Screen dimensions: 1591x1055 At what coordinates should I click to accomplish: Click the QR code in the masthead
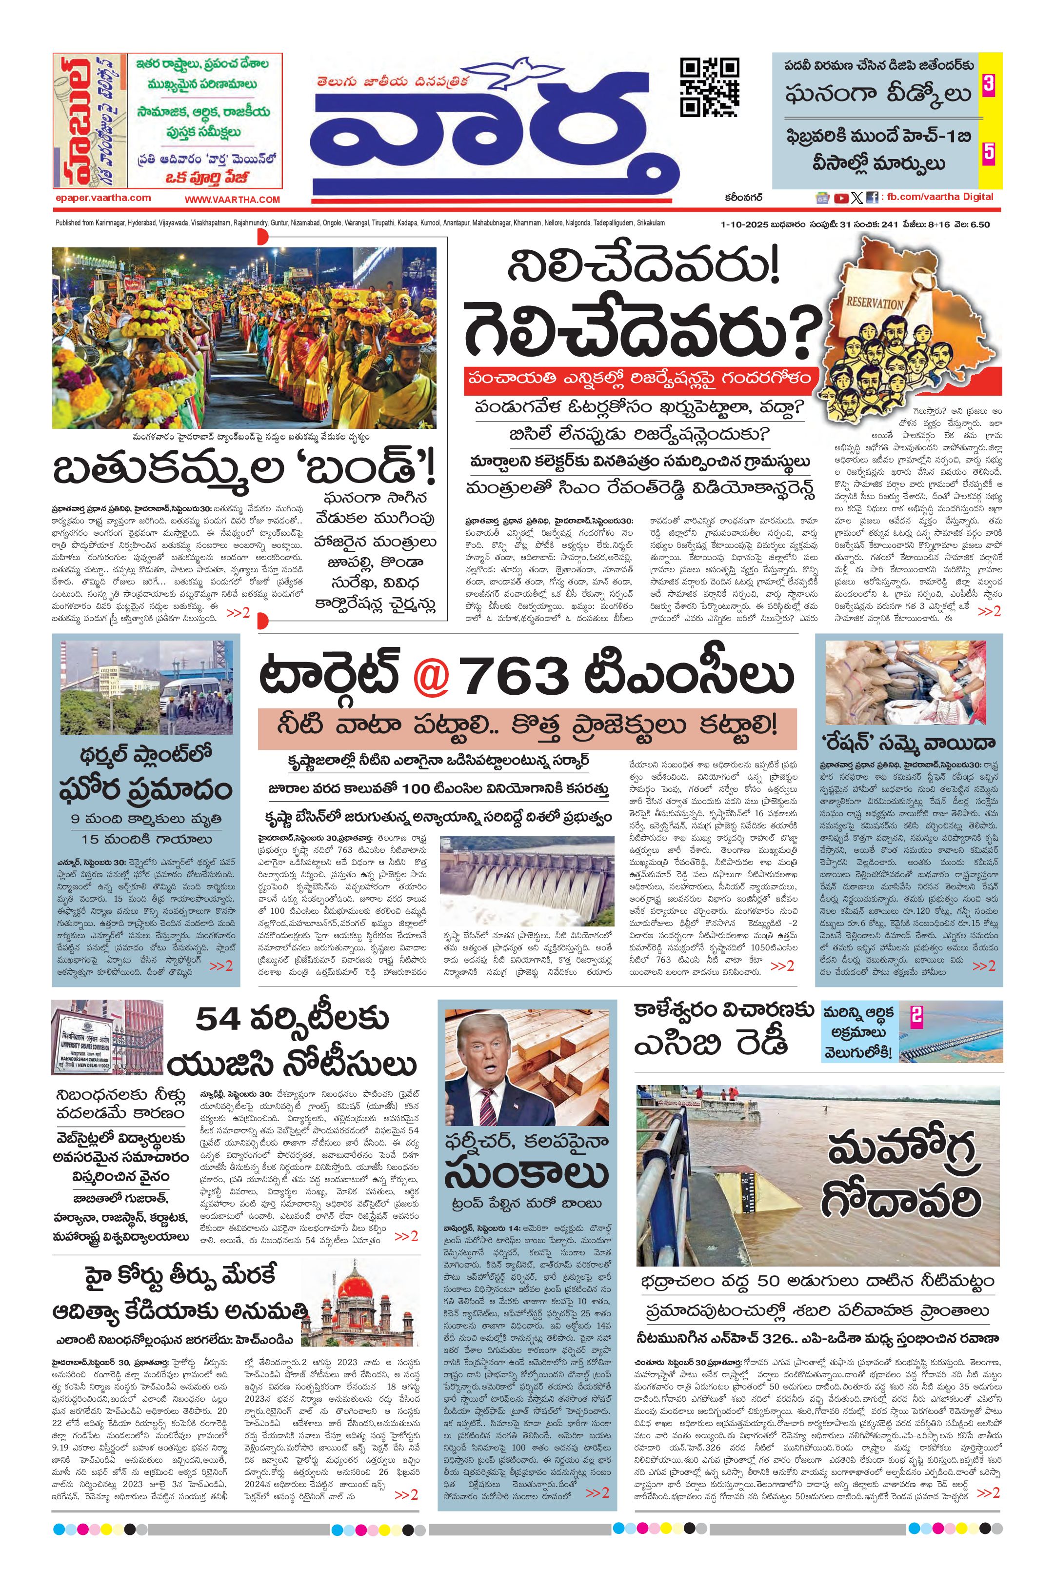click(x=709, y=87)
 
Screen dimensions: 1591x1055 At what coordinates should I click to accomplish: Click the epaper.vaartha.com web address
click(x=103, y=198)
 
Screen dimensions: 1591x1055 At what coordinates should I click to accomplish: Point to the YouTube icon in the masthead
click(x=840, y=198)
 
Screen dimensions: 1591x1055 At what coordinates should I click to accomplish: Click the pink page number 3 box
click(x=988, y=86)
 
